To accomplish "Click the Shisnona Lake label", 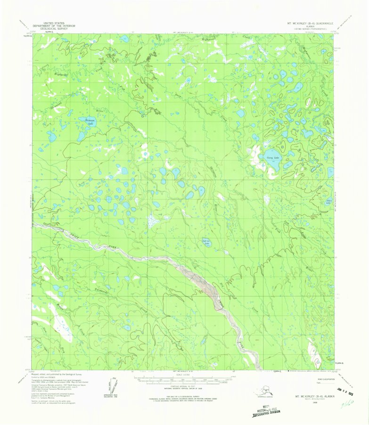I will point(90,122).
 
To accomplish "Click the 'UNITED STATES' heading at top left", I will point(55,22).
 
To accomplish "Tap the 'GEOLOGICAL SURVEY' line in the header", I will point(55,28).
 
